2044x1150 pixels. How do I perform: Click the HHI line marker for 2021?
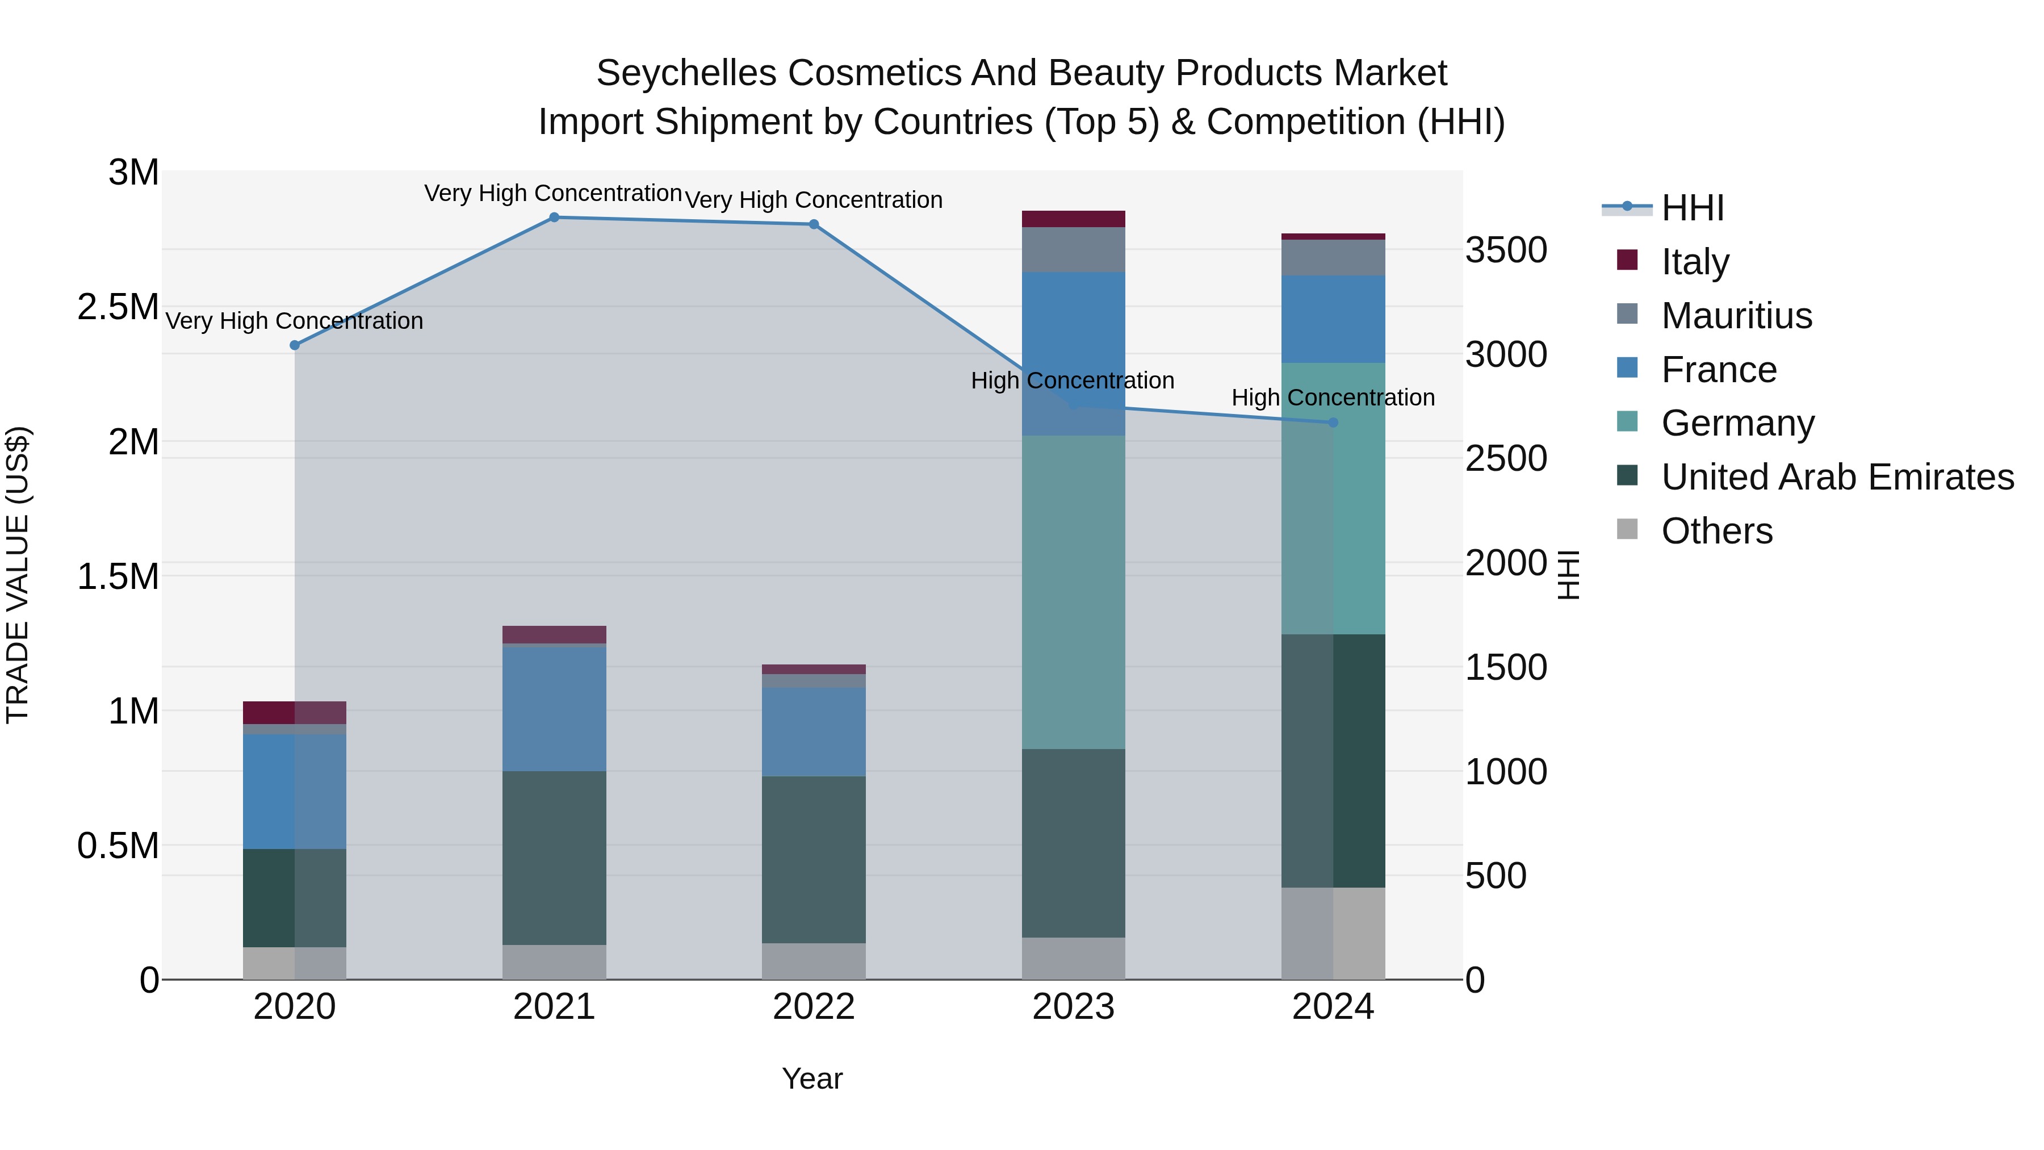[554, 218]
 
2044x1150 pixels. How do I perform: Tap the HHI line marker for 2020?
[294, 345]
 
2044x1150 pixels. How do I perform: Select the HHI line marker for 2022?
[813, 224]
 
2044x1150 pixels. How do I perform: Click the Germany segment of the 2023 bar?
[1073, 591]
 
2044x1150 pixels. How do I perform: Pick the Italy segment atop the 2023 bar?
[1073, 219]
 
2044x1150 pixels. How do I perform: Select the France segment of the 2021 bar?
[554, 708]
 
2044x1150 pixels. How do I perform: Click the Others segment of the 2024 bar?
[1333, 932]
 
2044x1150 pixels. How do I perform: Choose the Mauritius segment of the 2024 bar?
[1333, 257]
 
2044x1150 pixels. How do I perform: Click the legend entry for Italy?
[1694, 262]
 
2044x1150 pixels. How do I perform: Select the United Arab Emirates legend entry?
[1836, 477]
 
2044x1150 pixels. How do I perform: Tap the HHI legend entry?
[1692, 208]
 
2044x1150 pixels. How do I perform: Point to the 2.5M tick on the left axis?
[118, 307]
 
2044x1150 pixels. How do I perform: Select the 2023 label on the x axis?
[1073, 1007]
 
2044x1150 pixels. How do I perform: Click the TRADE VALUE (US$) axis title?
[18, 575]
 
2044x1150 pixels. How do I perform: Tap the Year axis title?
[812, 1078]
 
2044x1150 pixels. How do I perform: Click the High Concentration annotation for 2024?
[1333, 398]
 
